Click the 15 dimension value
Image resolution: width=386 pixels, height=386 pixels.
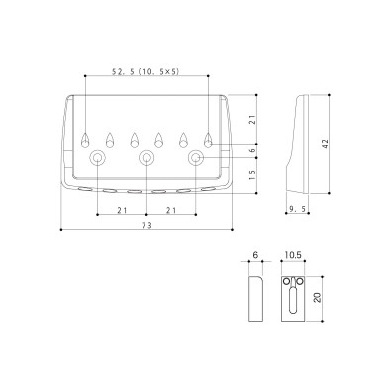click(254, 174)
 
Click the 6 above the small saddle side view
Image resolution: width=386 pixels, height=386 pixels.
click(254, 255)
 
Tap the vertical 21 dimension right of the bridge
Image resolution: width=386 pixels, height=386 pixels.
click(254, 120)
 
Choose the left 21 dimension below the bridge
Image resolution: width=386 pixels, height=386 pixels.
click(123, 209)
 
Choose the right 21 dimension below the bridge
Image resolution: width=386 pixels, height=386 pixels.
click(172, 209)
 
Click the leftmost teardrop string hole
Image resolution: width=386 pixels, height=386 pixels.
click(86, 137)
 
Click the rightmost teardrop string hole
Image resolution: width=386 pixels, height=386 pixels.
click(209, 137)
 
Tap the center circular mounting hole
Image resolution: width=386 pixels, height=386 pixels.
click(147, 158)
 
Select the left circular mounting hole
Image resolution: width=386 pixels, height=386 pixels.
click(98, 158)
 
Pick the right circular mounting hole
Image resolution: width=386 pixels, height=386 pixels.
click(197, 158)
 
